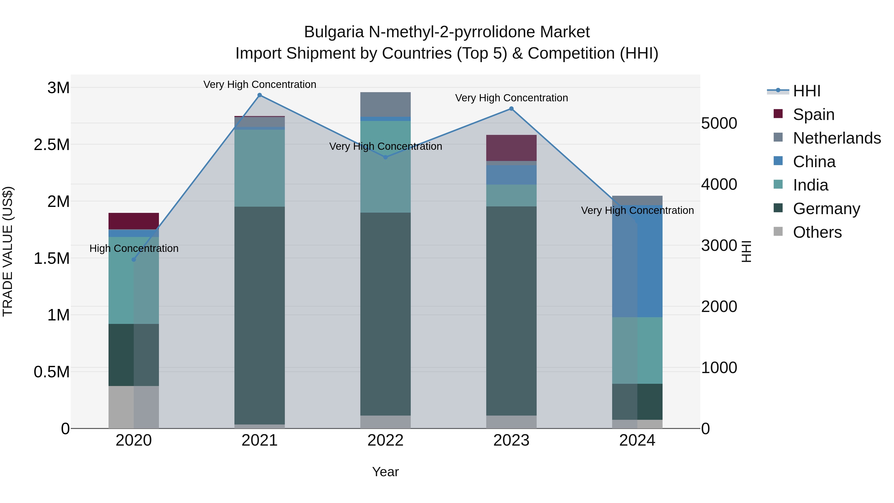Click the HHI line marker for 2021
260,95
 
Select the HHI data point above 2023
511,109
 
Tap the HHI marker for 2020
134,260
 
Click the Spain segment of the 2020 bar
134,221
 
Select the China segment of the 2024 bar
637,261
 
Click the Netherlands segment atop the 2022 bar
385,104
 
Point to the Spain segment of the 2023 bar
511,148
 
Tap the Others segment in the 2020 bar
134,407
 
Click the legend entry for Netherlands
836,138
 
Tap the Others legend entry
817,232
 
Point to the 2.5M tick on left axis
52,145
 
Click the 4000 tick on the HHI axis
719,184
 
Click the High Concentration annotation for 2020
134,249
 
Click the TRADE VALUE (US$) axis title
8,251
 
